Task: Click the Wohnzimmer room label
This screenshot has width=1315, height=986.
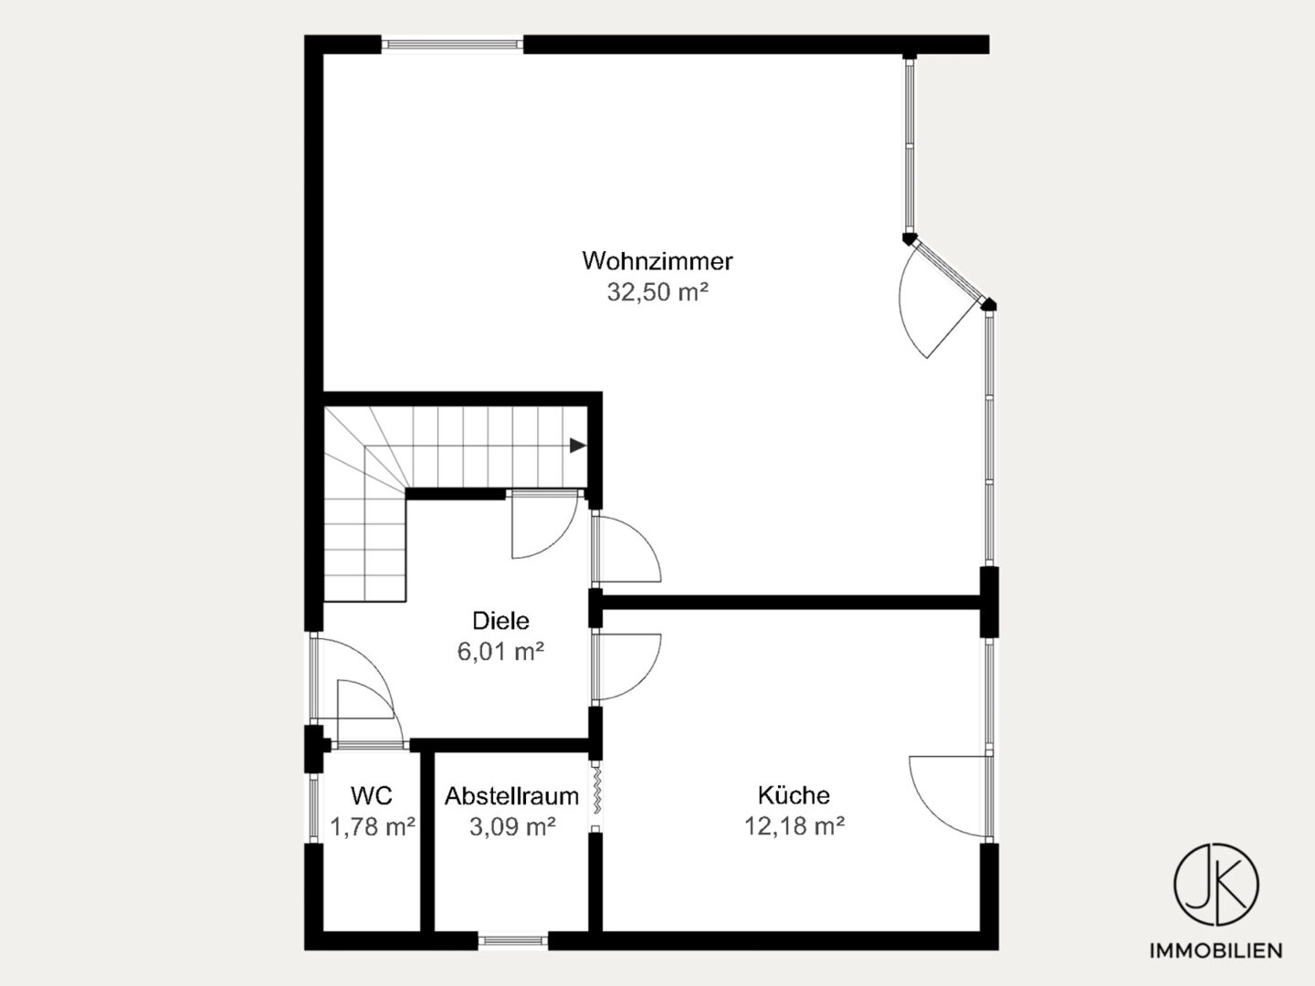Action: [657, 261]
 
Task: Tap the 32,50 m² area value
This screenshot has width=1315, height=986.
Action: [657, 292]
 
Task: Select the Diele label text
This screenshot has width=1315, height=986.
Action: [500, 621]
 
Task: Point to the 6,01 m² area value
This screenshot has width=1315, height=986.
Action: [500, 651]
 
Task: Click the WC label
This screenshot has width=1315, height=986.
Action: [372, 795]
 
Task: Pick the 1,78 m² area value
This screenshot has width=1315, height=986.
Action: [373, 827]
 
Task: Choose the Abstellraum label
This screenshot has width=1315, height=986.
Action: [511, 796]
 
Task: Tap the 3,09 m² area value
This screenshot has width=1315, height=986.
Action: [512, 827]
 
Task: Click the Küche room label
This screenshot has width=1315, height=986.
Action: [794, 795]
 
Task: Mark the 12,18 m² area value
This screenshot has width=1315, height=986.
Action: [794, 826]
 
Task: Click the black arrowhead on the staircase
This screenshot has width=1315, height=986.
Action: [577, 446]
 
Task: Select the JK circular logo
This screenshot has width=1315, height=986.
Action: [1216, 886]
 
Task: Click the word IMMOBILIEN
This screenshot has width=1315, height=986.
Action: [1216, 950]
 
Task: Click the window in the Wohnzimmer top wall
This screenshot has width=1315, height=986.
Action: [452, 45]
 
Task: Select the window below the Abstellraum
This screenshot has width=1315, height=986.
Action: [513, 941]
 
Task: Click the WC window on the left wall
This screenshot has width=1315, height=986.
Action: [314, 808]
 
